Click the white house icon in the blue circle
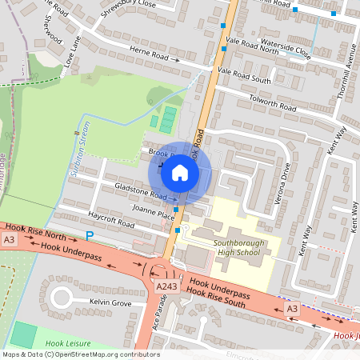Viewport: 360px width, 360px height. [x=180, y=172]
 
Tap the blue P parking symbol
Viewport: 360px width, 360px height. [x=90, y=235]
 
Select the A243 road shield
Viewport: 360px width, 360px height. [x=166, y=286]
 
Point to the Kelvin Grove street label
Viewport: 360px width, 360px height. [x=110, y=303]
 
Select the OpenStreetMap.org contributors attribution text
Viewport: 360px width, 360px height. [x=104, y=354]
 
